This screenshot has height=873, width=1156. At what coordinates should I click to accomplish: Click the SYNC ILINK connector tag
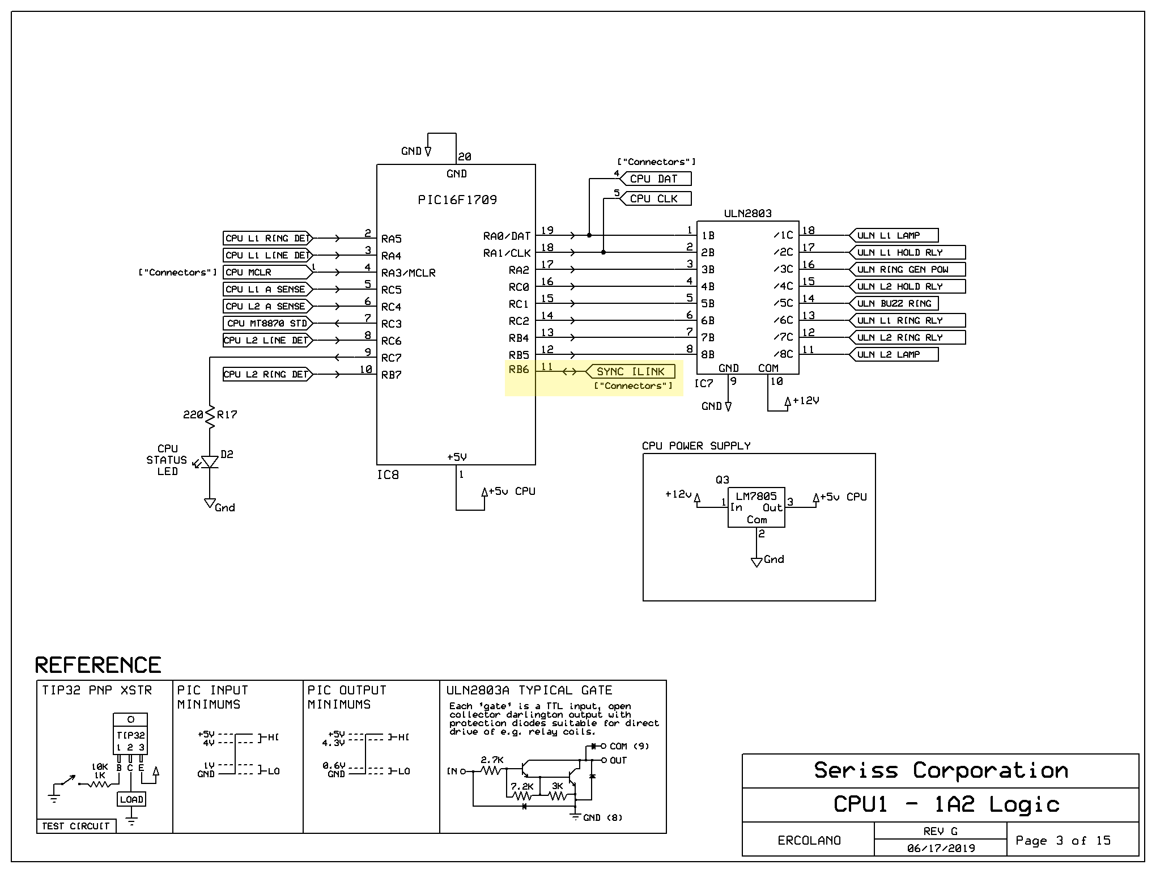[630, 372]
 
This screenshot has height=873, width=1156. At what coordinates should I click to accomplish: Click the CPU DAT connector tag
[656, 179]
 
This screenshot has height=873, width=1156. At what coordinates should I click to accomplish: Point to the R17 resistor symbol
[210, 417]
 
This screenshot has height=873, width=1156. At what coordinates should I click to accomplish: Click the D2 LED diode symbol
[209, 462]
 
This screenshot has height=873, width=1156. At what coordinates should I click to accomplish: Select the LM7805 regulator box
[756, 507]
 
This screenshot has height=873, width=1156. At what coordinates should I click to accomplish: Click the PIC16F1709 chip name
[457, 200]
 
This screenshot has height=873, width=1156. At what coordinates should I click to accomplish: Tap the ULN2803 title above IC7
[748, 213]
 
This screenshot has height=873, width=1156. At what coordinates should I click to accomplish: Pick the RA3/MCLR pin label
[408, 273]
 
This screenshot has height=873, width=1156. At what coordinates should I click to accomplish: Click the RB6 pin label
[518, 369]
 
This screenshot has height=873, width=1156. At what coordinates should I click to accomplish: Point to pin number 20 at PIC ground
[465, 156]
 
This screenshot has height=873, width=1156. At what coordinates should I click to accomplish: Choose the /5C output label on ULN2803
[784, 303]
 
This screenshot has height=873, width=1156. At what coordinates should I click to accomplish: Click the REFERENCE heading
[98, 665]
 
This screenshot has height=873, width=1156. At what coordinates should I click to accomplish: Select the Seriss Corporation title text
[941, 770]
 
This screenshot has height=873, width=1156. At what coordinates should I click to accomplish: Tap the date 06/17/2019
[941, 848]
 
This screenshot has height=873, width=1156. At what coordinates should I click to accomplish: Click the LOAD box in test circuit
[131, 799]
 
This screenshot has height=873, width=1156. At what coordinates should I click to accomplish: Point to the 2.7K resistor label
[492, 760]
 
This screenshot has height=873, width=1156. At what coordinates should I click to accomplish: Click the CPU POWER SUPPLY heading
[696, 446]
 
